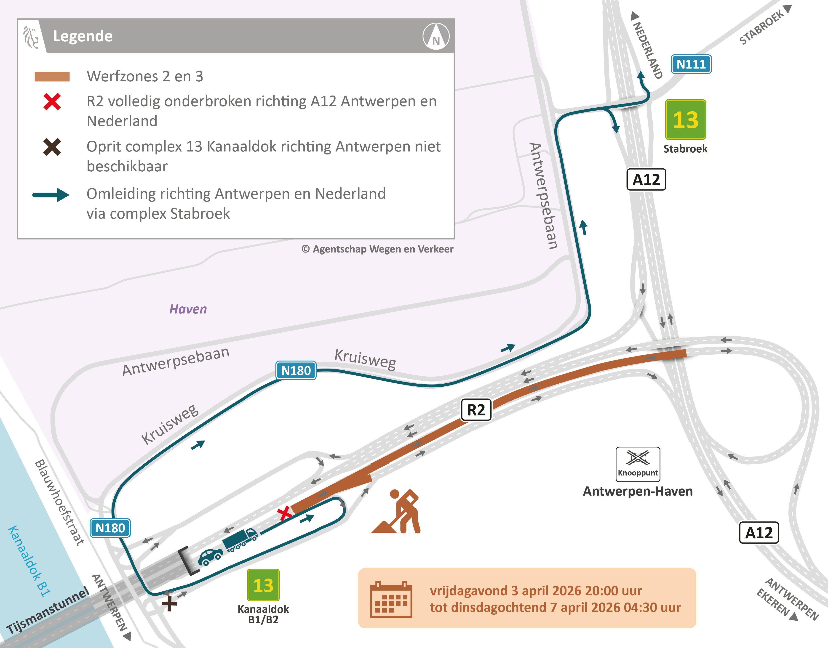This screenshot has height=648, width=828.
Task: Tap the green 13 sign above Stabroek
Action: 685,120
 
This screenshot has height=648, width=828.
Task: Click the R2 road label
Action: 476,410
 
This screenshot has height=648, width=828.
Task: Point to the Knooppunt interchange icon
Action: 638,464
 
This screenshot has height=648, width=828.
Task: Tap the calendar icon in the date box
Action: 391,599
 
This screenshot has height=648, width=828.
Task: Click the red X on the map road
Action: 284,514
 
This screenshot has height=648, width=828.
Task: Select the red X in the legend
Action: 52,102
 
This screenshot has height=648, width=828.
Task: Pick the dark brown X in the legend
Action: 52,147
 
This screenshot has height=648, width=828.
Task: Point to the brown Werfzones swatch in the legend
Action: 52,77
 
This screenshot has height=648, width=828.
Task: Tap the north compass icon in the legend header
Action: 436,36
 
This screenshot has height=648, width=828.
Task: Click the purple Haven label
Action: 188,309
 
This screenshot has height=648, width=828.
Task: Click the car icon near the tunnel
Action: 210,557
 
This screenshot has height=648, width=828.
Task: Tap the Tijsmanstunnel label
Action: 47,611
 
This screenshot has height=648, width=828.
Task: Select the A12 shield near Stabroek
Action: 646,179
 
